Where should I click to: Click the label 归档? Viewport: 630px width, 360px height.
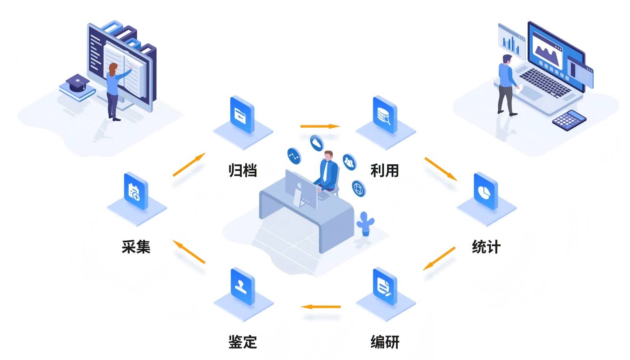point(243,171)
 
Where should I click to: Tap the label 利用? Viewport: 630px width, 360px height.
point(385,171)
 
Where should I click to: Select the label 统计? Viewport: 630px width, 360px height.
point(486,247)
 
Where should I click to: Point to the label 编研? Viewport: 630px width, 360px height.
point(385,341)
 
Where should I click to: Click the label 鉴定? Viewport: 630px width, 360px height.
point(243,341)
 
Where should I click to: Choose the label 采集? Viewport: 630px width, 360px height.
point(136,247)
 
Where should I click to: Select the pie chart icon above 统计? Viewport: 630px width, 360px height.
point(485,191)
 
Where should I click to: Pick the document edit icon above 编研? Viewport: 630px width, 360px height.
point(384,286)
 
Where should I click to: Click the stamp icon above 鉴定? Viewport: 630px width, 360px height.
point(242,286)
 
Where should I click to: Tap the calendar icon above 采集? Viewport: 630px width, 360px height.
point(135,191)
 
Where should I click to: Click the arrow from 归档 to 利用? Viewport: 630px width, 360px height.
point(320,126)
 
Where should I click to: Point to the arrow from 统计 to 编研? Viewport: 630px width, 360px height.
point(439,258)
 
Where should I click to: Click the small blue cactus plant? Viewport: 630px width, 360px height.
point(365,223)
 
